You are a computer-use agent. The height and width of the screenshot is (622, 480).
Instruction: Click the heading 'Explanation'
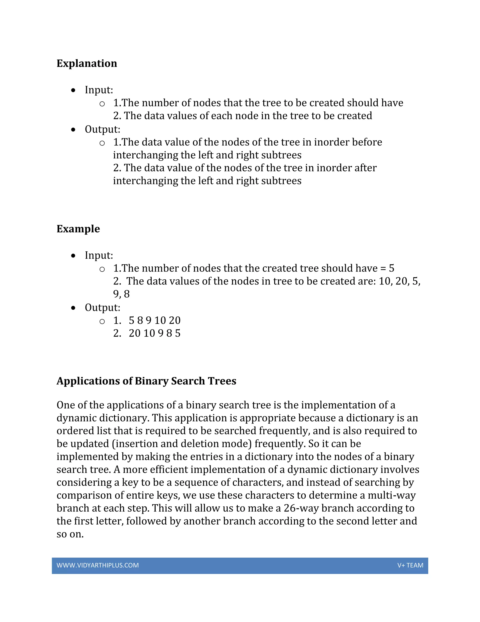[x=87, y=63]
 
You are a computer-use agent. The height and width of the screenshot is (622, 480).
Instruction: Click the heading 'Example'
[x=78, y=229]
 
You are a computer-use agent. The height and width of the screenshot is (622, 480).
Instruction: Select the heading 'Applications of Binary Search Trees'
[x=146, y=381]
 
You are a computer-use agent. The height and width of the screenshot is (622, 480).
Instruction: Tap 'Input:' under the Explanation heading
[x=99, y=90]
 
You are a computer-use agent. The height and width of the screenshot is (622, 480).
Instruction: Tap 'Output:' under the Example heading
[x=102, y=307]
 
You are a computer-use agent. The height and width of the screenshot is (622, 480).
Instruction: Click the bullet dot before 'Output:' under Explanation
[x=73, y=130]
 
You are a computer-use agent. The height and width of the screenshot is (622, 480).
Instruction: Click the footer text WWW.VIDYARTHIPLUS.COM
[x=97, y=565]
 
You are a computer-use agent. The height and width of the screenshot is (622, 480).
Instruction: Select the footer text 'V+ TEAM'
[x=410, y=565]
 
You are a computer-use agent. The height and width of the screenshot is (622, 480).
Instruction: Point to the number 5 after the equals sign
[x=392, y=268]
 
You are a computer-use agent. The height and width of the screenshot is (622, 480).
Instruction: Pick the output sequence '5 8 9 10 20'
[x=154, y=320]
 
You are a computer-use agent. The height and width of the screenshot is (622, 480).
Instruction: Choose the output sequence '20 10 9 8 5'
[x=154, y=333]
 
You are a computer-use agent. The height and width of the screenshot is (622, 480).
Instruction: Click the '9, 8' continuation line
[x=121, y=294]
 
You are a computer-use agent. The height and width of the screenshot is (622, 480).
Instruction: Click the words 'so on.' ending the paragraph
[x=70, y=534]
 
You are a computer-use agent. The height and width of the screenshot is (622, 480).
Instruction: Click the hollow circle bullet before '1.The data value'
[x=102, y=143]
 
